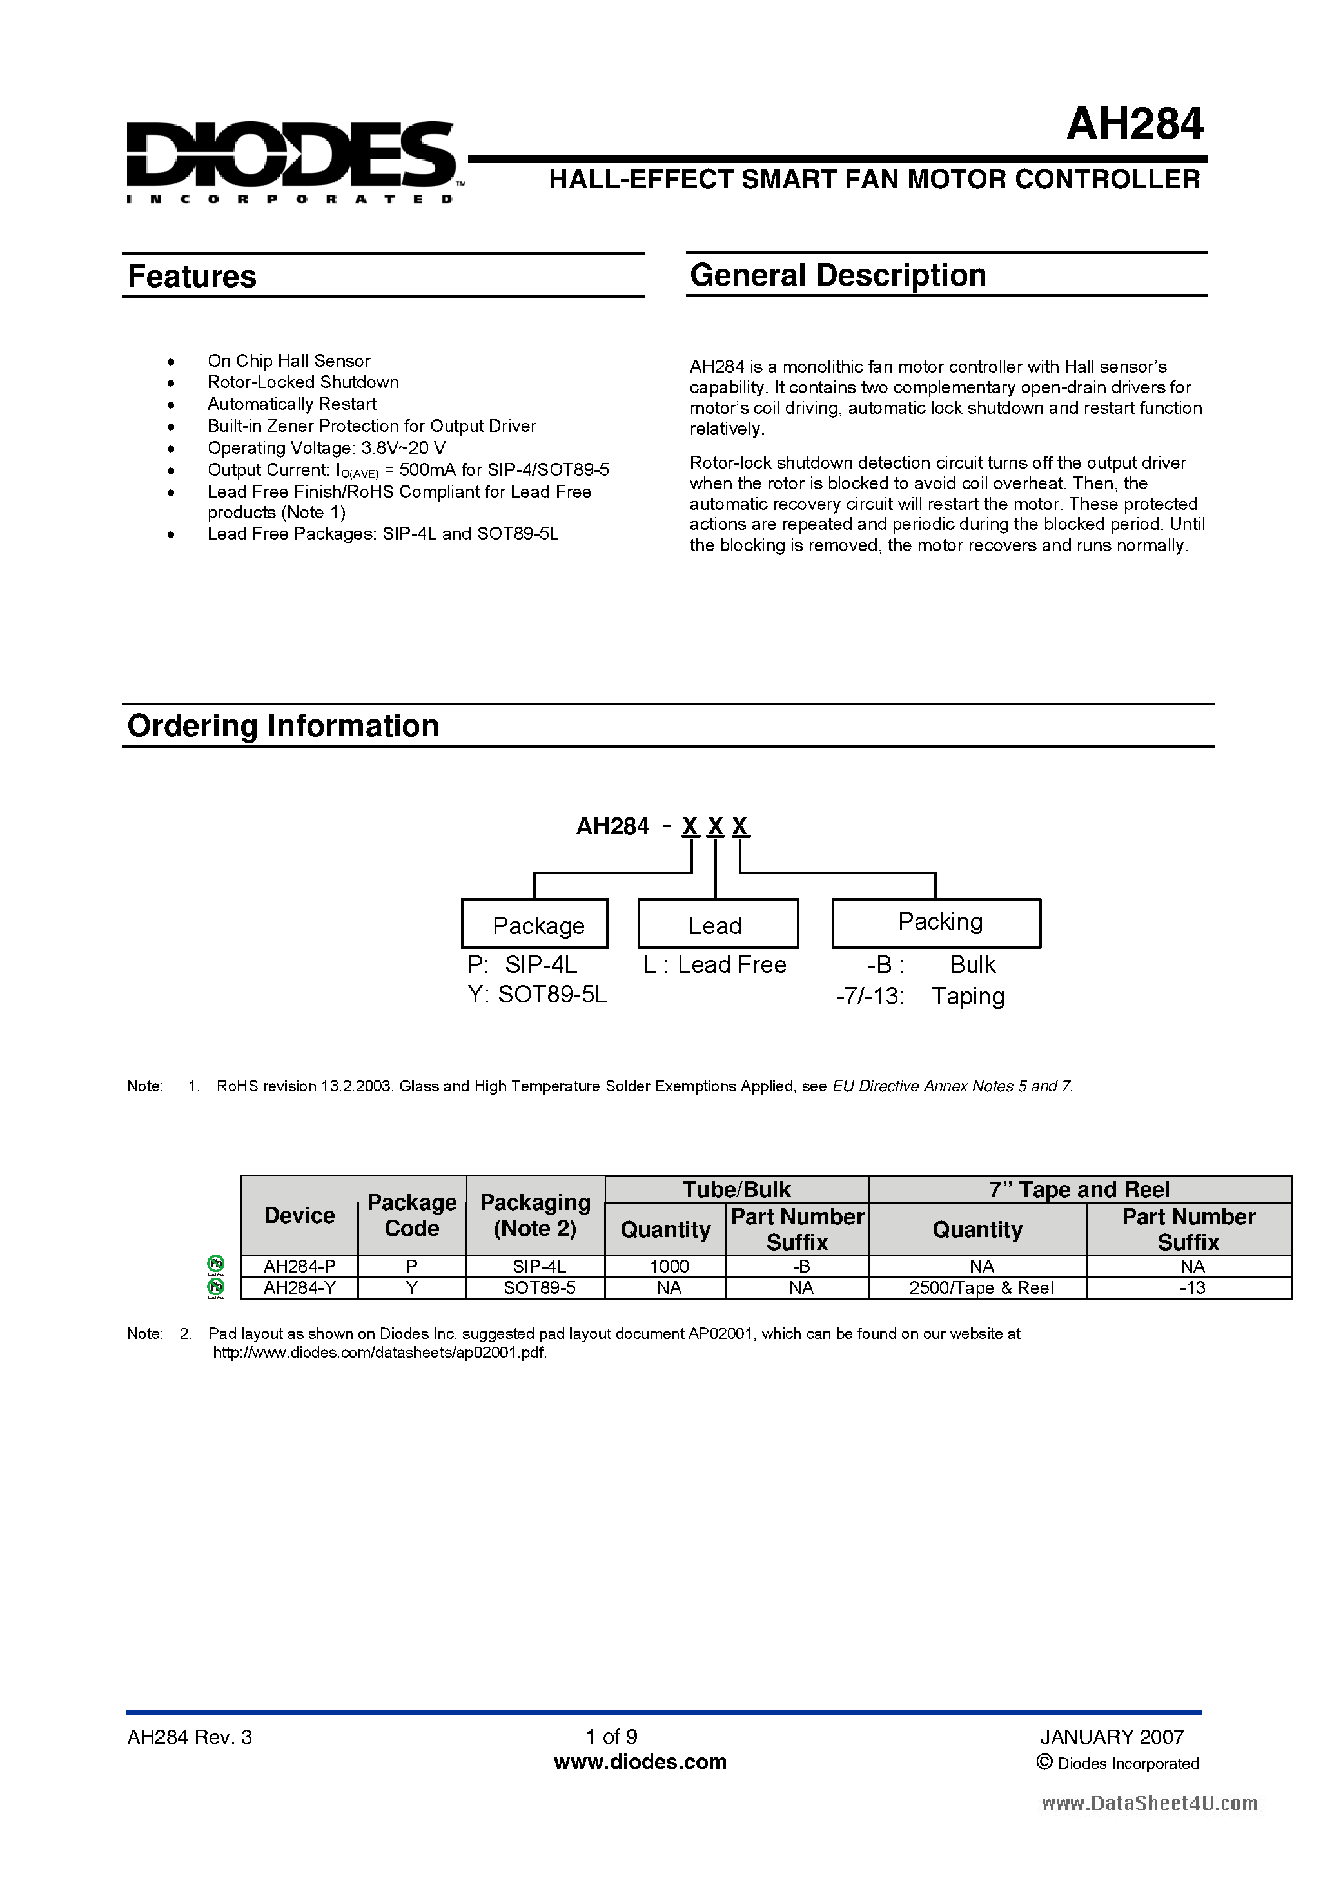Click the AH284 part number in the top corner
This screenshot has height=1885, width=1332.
click(x=1134, y=125)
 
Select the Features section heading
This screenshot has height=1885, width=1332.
click(x=192, y=277)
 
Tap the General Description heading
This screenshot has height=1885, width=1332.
click(x=837, y=276)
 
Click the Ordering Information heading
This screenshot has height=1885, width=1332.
click(x=283, y=727)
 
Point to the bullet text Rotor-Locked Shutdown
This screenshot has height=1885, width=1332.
click(x=303, y=382)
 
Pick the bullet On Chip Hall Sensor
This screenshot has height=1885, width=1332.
click(x=288, y=361)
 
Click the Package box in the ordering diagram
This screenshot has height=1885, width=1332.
click(x=534, y=924)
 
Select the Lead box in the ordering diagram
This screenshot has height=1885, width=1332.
click(x=717, y=924)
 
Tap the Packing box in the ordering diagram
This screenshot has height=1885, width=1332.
click(x=936, y=923)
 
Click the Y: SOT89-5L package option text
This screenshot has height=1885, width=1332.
click(x=538, y=995)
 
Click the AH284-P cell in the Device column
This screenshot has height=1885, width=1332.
click(x=299, y=1266)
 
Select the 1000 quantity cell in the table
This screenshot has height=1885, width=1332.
click(x=669, y=1266)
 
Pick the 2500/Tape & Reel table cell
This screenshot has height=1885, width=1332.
click(x=981, y=1288)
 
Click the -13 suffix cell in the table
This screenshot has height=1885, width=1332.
click(x=1191, y=1288)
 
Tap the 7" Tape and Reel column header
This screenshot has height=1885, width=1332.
click(x=1079, y=1189)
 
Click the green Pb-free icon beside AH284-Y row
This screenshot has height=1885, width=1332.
click(x=216, y=1288)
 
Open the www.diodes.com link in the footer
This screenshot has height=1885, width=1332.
click(x=640, y=1762)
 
